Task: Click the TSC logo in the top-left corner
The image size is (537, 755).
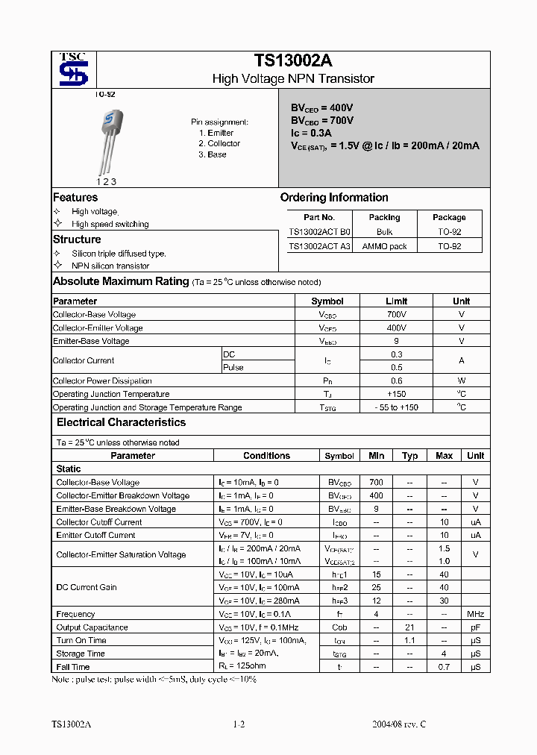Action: click(73, 69)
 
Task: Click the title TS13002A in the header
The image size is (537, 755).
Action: click(293, 61)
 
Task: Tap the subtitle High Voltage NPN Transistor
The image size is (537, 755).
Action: click(293, 78)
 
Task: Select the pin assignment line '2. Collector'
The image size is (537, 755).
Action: click(219, 143)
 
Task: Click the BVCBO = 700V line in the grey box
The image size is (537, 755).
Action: click(322, 120)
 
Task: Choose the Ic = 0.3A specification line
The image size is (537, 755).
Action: click(311, 133)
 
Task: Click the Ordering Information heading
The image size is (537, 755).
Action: click(334, 198)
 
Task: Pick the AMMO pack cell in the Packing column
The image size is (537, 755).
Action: click(384, 246)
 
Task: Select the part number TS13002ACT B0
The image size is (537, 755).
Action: click(319, 232)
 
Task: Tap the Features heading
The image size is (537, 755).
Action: click(75, 198)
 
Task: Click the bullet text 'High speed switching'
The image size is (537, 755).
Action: click(110, 224)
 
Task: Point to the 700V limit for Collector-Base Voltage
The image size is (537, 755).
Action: click(396, 315)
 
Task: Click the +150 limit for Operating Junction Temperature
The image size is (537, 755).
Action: click(396, 394)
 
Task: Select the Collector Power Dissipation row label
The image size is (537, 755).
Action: click(102, 381)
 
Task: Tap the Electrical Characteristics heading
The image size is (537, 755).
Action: click(121, 422)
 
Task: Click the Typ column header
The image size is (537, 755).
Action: click(409, 456)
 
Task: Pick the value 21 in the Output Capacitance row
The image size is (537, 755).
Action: click(409, 627)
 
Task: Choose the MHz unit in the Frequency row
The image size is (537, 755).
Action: click(475, 614)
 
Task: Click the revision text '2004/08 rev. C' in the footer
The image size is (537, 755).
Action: click(399, 724)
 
